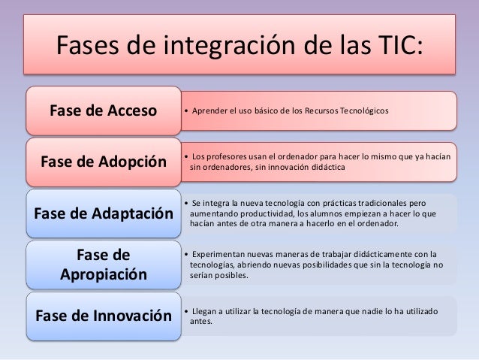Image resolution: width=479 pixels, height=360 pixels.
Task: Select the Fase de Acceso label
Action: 103,112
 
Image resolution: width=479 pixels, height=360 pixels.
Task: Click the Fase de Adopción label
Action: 103,162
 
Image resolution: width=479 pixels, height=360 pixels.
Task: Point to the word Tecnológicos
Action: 363,112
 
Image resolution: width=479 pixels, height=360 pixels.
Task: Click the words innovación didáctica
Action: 312,168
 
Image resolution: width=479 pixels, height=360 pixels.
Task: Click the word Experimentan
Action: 221,254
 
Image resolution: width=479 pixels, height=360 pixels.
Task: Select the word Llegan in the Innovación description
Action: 205,311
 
